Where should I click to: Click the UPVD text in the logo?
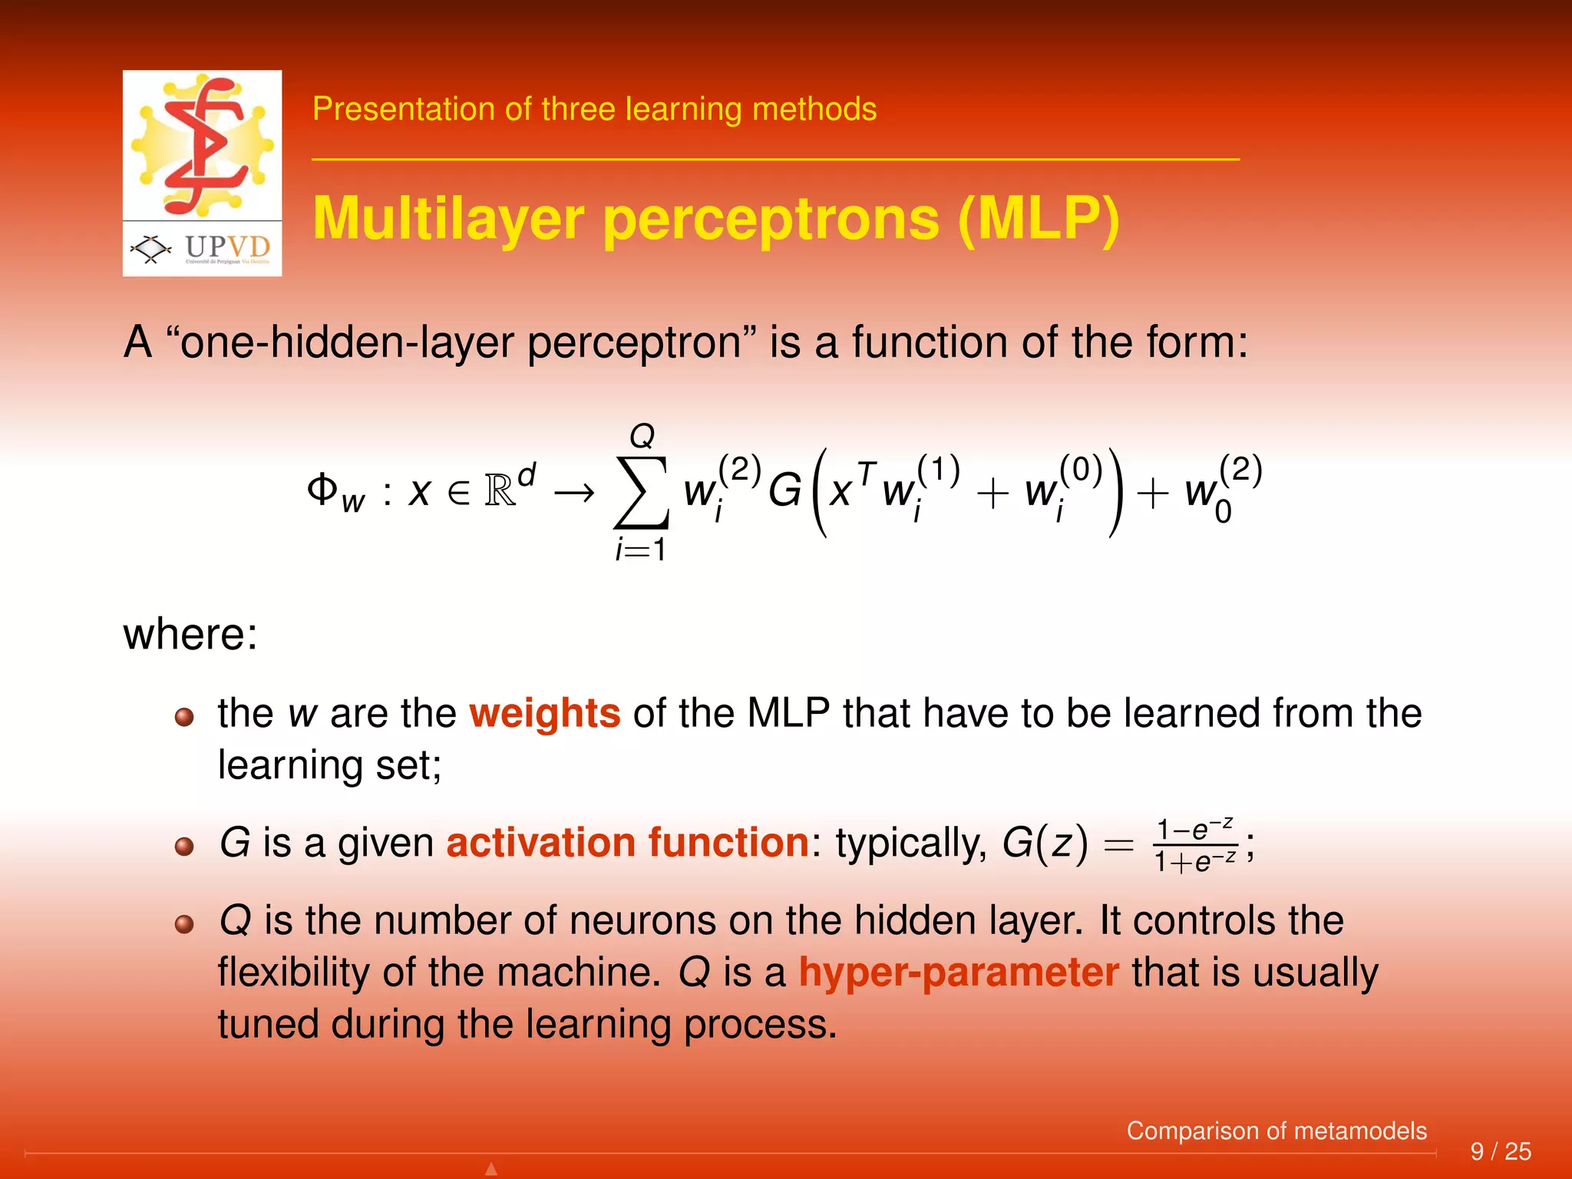(x=227, y=247)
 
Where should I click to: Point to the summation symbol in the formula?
(x=641, y=492)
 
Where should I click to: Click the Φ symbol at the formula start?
(x=322, y=488)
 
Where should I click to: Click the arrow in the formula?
(x=574, y=492)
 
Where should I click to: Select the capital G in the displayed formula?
(x=784, y=491)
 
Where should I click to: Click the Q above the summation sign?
(x=642, y=437)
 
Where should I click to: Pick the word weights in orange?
(x=544, y=713)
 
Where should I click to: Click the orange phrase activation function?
(x=627, y=843)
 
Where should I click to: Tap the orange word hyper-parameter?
(x=959, y=973)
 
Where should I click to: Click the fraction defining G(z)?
(x=1196, y=846)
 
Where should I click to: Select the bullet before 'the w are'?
(x=184, y=718)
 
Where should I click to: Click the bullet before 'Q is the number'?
(x=184, y=924)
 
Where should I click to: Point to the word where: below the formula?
(x=190, y=635)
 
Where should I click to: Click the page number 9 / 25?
(x=1500, y=1151)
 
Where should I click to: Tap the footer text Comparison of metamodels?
(x=1276, y=1131)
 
